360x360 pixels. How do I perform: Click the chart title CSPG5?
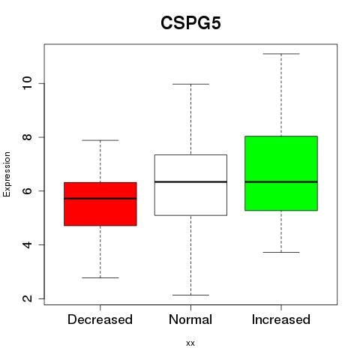click(x=190, y=22)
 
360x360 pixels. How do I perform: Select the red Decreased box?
click(x=100, y=204)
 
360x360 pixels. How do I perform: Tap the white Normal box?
click(x=190, y=185)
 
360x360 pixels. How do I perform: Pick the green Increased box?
click(x=281, y=173)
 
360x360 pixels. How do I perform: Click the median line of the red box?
click(x=100, y=199)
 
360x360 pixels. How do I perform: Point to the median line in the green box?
click(x=281, y=181)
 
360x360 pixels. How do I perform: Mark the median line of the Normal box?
click(x=190, y=181)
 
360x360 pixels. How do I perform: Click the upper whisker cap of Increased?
click(x=281, y=54)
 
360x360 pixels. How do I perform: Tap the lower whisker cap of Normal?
click(x=190, y=295)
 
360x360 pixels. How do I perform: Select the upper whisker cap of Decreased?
click(x=100, y=140)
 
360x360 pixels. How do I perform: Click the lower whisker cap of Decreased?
click(x=100, y=277)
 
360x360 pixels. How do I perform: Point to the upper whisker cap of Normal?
click(x=190, y=84)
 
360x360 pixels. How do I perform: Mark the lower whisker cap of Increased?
click(x=281, y=252)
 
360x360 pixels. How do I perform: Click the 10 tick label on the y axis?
click(x=27, y=83)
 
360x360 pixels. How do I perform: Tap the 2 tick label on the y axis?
click(x=27, y=298)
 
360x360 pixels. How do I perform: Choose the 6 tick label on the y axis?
click(x=27, y=190)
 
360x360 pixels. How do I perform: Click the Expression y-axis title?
click(x=7, y=174)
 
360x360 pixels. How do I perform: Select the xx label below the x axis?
click(x=190, y=343)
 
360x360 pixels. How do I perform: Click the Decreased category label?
click(x=100, y=319)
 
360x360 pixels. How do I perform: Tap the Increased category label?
click(x=281, y=319)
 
